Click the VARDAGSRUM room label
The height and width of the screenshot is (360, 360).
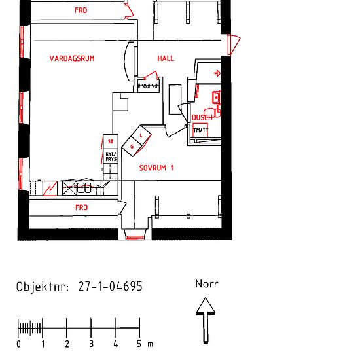click(72, 58)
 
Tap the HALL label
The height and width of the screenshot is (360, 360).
click(166, 58)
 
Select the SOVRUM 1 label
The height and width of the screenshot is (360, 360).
click(157, 168)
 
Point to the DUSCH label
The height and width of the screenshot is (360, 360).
click(202, 118)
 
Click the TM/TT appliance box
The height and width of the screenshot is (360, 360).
click(201, 130)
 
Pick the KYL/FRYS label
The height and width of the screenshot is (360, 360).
click(111, 156)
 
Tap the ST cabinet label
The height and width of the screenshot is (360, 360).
click(111, 141)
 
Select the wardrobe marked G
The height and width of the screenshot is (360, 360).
click(133, 147)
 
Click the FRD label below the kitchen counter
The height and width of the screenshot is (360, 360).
click(81, 207)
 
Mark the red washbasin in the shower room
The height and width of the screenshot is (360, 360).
click(215, 98)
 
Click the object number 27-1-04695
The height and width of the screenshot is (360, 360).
click(110, 287)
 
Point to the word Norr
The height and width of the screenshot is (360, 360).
click(206, 284)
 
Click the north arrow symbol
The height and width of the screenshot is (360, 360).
click(206, 319)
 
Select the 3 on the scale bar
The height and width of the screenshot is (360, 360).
click(91, 344)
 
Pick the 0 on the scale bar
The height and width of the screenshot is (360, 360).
click(18, 344)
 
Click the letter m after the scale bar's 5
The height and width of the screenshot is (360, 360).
click(150, 344)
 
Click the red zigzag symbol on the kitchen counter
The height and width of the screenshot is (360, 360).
click(50, 189)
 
